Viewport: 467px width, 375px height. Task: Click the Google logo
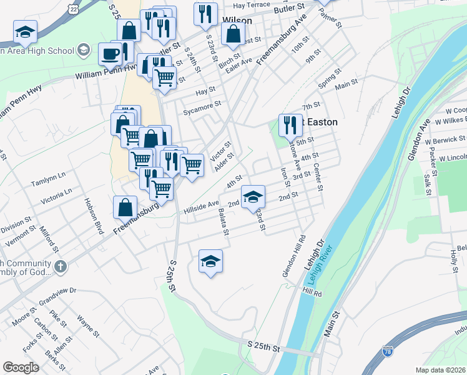(21, 367)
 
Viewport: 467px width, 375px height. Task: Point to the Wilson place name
(237, 21)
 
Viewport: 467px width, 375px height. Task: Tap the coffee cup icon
(111, 54)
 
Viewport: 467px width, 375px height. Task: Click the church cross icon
(61, 267)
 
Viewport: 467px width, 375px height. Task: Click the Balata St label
(224, 223)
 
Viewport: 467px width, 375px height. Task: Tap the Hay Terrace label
(250, 5)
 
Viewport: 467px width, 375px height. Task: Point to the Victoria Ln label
(56, 196)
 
